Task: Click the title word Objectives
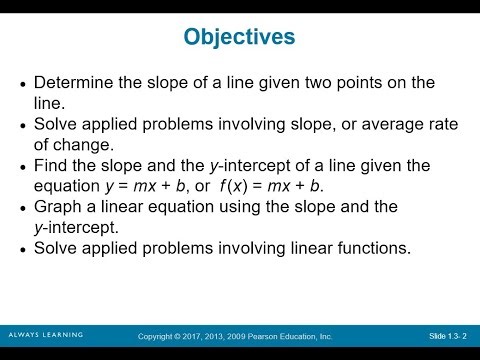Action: coord(240,37)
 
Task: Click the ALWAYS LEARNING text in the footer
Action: coord(45,334)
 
